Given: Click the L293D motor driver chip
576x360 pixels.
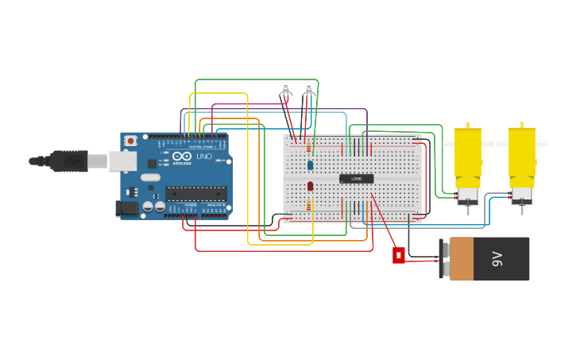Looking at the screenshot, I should [356, 179].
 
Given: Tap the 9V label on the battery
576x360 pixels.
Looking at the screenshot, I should [497, 258].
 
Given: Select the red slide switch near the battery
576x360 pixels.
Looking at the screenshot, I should [399, 255].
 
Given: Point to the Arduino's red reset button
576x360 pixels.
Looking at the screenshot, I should [130, 141].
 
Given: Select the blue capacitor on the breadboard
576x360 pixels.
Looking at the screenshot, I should [310, 165].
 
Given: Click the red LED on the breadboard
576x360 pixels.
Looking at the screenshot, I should [310, 186].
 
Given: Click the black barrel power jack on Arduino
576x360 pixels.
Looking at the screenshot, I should [127, 208].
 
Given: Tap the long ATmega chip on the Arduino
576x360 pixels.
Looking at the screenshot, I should [195, 193].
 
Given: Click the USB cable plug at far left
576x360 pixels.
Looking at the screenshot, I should [72, 161].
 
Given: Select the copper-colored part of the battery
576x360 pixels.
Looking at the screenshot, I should [462, 259].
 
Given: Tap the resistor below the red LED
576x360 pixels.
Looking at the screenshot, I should [310, 205].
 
